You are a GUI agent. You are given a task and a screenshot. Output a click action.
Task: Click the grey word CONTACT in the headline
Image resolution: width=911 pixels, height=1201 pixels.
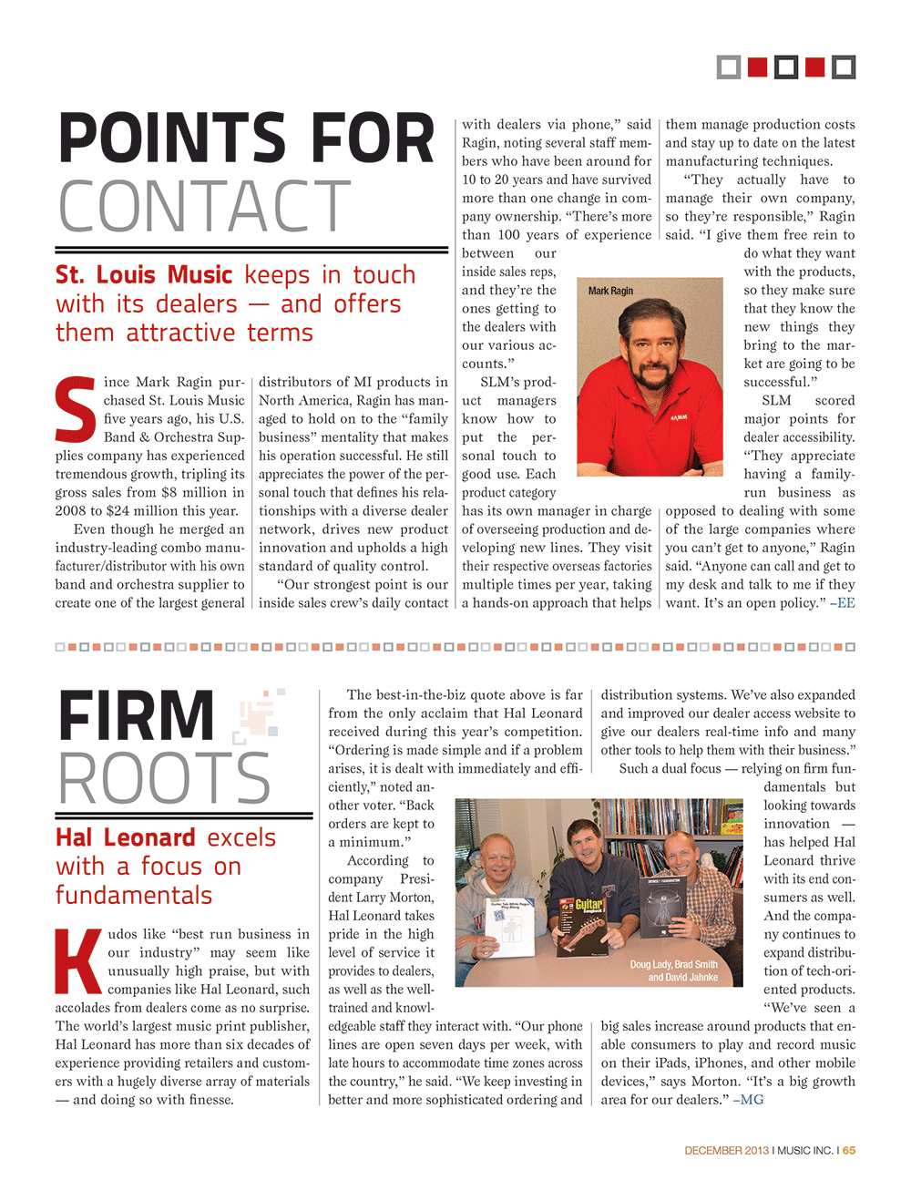pyautogui.click(x=205, y=207)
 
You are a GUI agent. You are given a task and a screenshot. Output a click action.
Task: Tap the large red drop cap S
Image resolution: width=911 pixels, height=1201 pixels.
pyautogui.click(x=75, y=410)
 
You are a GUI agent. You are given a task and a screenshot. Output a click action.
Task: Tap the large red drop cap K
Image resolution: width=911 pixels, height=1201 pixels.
pyautogui.click(x=78, y=961)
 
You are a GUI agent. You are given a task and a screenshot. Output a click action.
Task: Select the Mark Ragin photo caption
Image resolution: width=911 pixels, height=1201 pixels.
pyautogui.click(x=610, y=291)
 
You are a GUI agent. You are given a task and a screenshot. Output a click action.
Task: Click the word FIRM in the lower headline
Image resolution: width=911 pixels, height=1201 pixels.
pyautogui.click(x=137, y=716)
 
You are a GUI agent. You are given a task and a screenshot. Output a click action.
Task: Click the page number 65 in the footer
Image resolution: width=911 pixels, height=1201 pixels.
pyautogui.click(x=849, y=1151)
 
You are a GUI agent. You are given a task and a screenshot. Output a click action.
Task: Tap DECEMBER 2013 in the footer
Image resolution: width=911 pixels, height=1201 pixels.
pyautogui.click(x=726, y=1151)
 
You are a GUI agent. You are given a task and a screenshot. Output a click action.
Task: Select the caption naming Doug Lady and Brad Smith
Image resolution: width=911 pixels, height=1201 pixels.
pyautogui.click(x=674, y=970)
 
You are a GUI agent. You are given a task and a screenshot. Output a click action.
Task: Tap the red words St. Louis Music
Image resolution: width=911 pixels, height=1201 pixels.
pyautogui.click(x=144, y=275)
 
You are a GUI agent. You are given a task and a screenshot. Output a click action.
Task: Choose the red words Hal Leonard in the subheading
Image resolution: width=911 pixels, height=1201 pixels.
pyautogui.click(x=126, y=837)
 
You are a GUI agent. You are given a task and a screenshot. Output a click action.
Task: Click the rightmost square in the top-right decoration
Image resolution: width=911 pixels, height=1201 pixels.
pyautogui.click(x=844, y=67)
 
